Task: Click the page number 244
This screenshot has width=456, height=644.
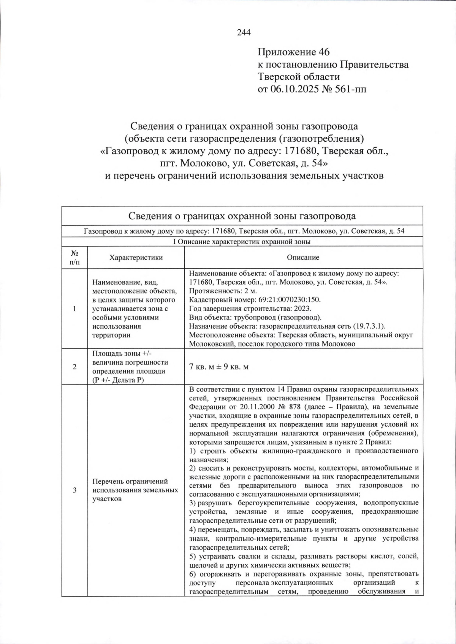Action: (244, 33)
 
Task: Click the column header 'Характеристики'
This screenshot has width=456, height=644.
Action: (136, 258)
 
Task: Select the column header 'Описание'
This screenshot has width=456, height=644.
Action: (303, 258)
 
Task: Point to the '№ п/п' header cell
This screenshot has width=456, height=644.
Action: (74, 258)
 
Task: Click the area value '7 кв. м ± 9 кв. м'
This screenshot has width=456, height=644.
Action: (219, 367)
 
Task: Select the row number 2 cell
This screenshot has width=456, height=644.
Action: (74, 367)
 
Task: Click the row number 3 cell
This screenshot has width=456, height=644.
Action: (74, 490)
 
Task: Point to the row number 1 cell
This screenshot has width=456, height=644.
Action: (74, 309)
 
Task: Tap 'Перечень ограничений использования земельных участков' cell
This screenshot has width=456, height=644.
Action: (135, 490)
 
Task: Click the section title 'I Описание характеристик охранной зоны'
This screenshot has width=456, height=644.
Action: (242, 242)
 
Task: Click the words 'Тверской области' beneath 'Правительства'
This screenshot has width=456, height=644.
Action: (299, 77)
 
